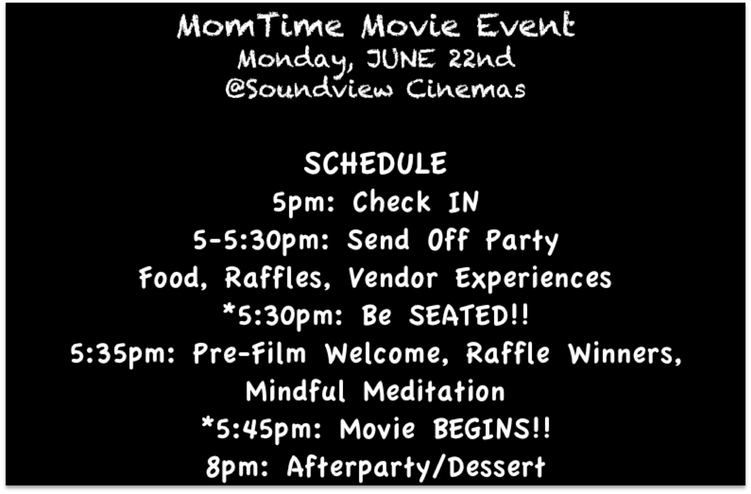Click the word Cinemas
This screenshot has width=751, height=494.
click(466, 89)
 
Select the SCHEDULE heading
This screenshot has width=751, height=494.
click(375, 163)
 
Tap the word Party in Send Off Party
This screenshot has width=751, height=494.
click(522, 241)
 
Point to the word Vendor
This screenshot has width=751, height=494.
click(393, 278)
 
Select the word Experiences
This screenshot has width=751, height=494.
click(533, 279)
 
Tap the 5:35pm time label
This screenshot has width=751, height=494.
click(123, 354)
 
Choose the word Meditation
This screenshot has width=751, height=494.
click(434, 391)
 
